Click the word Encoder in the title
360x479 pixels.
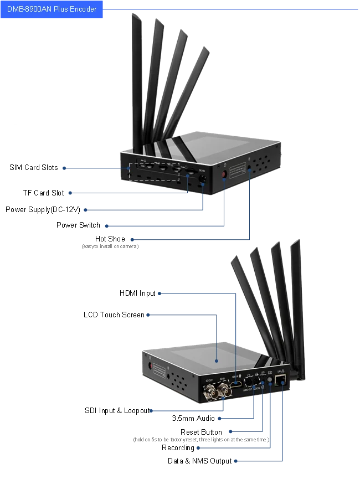(x=84, y=9)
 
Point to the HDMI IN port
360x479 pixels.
(x=236, y=382)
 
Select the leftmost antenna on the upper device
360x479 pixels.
(x=136, y=78)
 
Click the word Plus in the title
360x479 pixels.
(x=61, y=9)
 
